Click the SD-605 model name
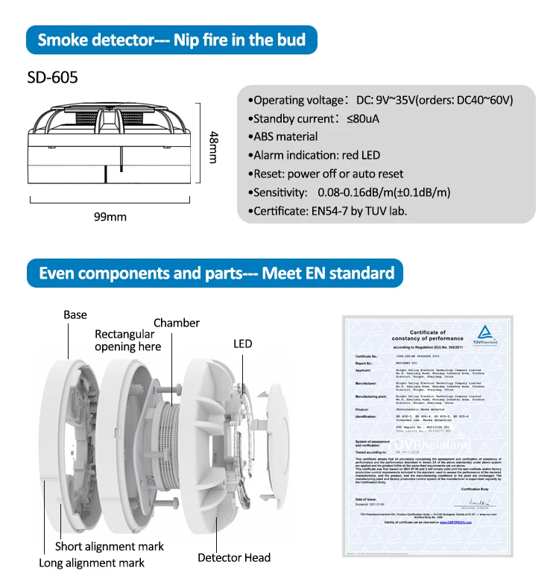(x=52, y=77)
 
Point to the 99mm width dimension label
(x=110, y=217)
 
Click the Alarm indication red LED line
(x=317, y=155)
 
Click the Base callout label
(x=75, y=314)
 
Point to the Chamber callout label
(x=177, y=323)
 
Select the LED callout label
(x=242, y=344)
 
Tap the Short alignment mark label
(x=109, y=547)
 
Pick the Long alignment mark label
(x=92, y=563)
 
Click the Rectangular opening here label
(x=127, y=341)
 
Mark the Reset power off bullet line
(x=328, y=174)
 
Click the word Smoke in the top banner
(x=62, y=39)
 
